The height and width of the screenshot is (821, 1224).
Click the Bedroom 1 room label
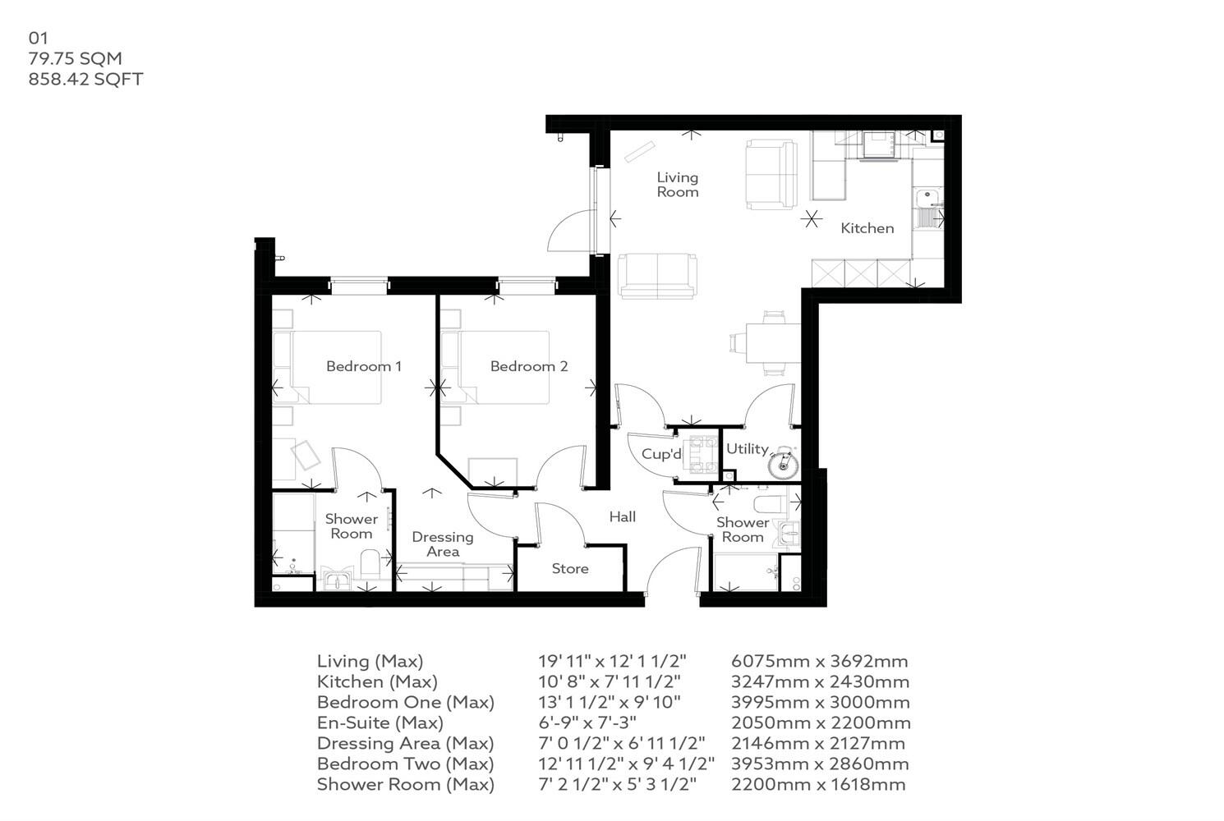point(363,366)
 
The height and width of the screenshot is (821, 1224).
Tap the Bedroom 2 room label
point(528,366)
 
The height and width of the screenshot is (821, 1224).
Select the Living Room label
point(677,185)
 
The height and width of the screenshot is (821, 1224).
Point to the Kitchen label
point(867,228)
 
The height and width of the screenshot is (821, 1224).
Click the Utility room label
point(747,449)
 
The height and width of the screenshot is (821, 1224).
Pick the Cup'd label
point(661,454)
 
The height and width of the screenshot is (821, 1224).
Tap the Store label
point(569,569)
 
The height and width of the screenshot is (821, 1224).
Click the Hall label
point(622,517)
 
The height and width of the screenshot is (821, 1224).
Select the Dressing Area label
point(442,544)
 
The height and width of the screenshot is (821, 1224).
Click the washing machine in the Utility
point(782,464)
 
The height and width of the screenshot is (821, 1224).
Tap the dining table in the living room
point(772,342)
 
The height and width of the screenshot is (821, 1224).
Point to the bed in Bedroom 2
point(503,367)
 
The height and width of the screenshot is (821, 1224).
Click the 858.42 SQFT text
point(85,80)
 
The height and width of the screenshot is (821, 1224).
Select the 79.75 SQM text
point(75,58)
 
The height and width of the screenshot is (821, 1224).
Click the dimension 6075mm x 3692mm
point(819,662)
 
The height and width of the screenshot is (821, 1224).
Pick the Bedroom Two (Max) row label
point(405,764)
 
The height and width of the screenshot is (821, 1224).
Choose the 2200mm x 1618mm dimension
point(818,785)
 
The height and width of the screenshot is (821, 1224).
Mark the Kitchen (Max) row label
point(377,682)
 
